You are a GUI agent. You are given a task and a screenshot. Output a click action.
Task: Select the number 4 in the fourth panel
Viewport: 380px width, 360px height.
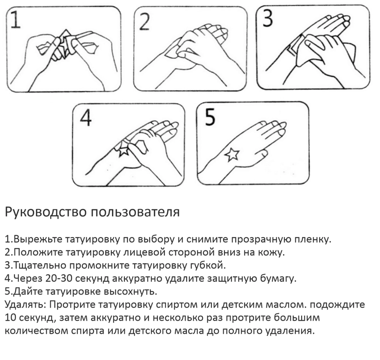86,118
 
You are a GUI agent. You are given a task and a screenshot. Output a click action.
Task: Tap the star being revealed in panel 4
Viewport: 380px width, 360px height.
124,150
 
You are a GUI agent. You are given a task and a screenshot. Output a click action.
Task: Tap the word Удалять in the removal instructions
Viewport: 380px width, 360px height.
25,304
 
